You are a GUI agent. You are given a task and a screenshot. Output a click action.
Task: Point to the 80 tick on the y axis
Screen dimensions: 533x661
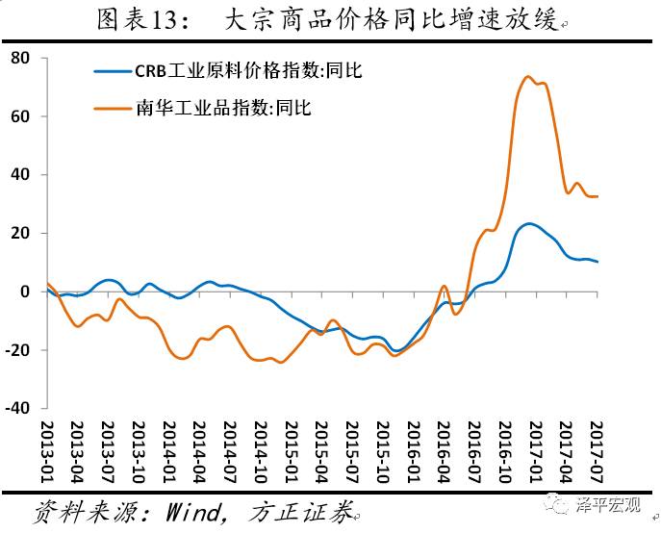pos(21,59)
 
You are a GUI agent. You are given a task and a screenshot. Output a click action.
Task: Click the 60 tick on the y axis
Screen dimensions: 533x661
pos(21,116)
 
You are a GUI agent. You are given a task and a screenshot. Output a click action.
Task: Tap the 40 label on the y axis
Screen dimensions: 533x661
pos(21,175)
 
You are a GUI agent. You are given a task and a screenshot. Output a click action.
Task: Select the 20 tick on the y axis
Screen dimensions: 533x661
pos(21,234)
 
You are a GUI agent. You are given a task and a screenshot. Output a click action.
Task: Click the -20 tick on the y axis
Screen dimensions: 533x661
pos(18,350)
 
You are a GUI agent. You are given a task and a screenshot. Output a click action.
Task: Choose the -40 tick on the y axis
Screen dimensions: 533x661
pos(18,409)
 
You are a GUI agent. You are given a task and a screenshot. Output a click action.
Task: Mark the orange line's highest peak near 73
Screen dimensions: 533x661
pos(528,77)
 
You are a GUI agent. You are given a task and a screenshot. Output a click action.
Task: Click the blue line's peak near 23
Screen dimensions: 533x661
pos(530,223)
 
